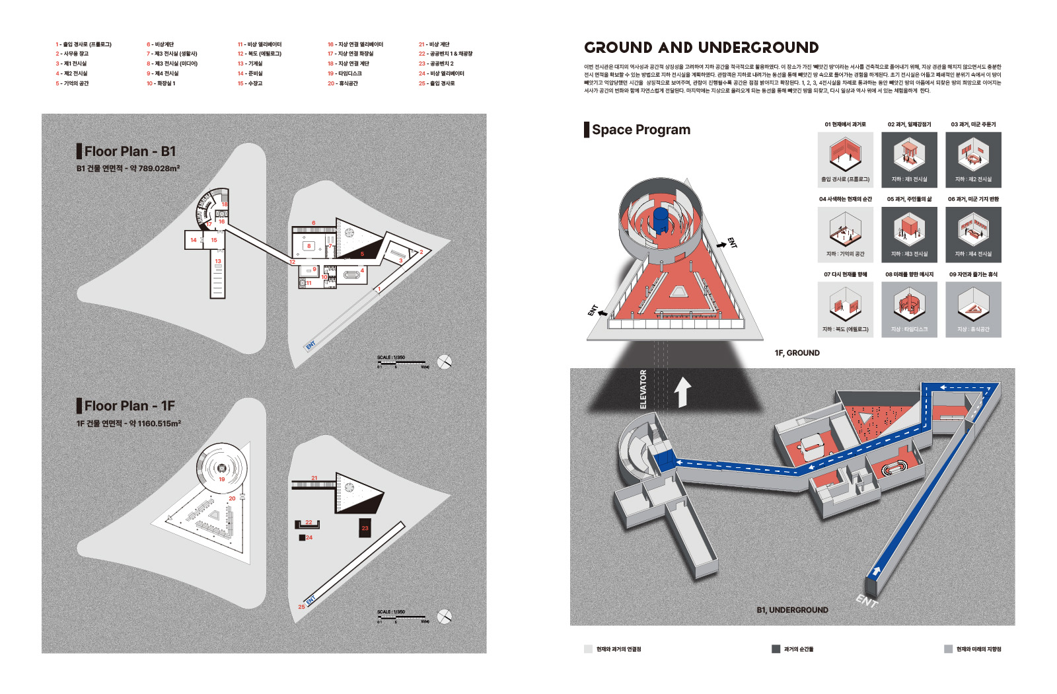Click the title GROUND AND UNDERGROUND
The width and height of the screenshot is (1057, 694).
click(x=701, y=48)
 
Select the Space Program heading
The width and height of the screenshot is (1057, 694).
click(x=640, y=130)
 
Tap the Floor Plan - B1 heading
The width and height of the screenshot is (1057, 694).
click(x=129, y=151)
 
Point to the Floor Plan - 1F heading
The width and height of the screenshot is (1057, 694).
click(x=129, y=406)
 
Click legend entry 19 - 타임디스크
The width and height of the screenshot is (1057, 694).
click(x=345, y=73)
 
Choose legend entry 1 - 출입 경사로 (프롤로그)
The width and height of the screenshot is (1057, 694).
click(x=83, y=44)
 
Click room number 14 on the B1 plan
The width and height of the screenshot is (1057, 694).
click(x=194, y=240)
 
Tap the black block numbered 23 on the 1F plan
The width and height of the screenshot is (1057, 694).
click(x=365, y=528)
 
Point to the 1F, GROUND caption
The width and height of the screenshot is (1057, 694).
click(x=797, y=353)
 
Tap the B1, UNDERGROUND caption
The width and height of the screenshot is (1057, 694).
click(x=792, y=610)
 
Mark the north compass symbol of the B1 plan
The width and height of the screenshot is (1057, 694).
click(x=445, y=362)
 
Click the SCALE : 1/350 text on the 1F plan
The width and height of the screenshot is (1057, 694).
click(x=391, y=612)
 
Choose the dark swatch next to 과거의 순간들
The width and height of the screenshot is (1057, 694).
click(x=776, y=649)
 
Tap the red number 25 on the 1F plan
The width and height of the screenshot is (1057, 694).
click(x=301, y=607)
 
